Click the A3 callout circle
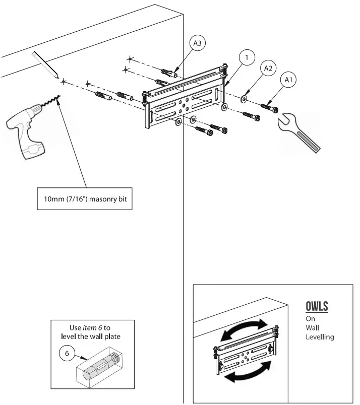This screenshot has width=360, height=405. (x=198, y=44)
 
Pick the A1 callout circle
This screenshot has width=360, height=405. (x=288, y=79)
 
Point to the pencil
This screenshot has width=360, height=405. (x=44, y=63)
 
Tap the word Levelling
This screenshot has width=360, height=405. (x=320, y=336)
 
